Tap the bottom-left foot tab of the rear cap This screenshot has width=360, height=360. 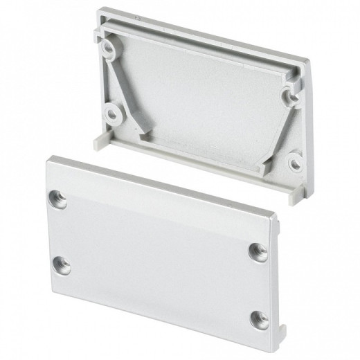point(101,143)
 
